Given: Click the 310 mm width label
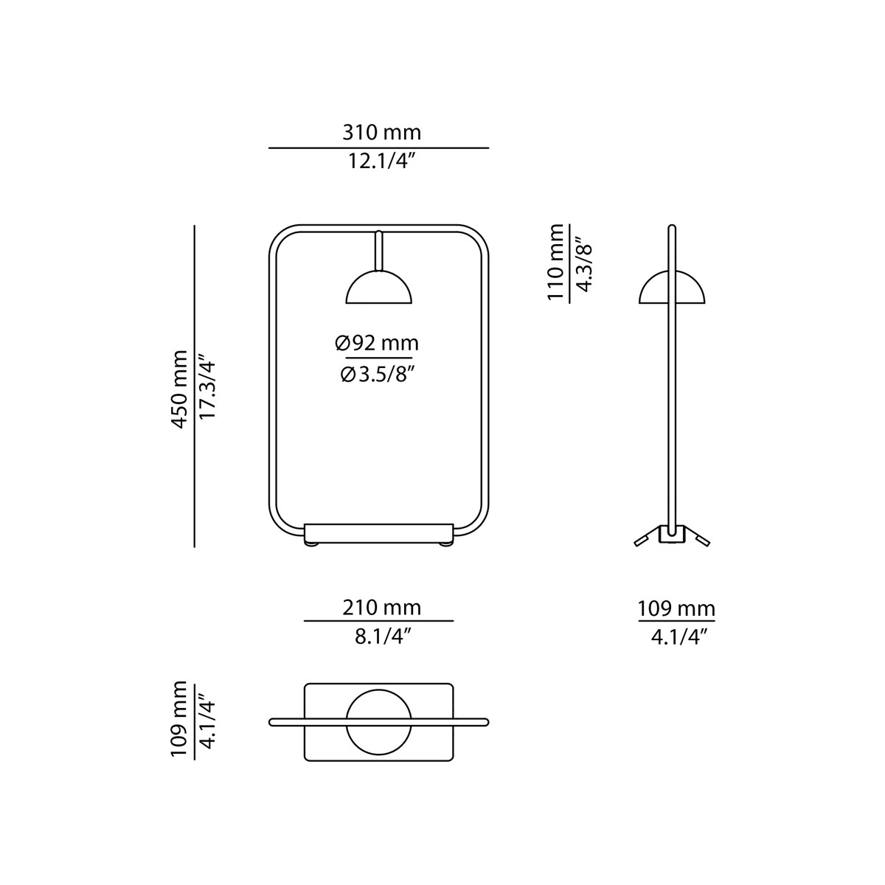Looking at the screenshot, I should click(381, 133).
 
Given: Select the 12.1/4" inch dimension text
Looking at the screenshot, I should click(379, 162).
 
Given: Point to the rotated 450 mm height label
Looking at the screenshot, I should click(179, 386).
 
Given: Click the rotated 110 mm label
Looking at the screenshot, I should click(555, 263).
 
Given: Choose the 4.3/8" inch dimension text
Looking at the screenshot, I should click(582, 263).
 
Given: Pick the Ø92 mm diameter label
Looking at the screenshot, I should click(377, 344).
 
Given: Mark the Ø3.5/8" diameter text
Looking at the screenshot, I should click(377, 375).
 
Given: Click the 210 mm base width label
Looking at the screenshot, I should click(381, 608).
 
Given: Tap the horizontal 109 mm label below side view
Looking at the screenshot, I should click(676, 609).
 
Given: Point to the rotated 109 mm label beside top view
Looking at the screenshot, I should click(179, 720).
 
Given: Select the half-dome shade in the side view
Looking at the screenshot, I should click(671, 288).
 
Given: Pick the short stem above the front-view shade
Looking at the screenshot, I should click(378, 251).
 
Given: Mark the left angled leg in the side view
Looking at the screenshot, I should click(647, 537).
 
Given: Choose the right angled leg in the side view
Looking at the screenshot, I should click(697, 537).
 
